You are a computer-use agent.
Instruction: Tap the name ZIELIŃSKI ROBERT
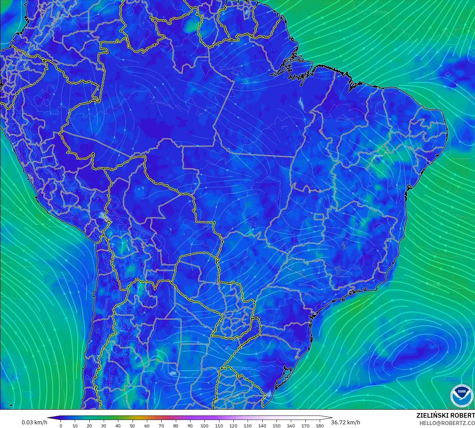pyautogui.click(x=445, y=415)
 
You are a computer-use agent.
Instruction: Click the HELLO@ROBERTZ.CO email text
pyautogui.click(x=447, y=423)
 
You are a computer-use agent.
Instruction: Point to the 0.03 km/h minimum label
pyautogui.click(x=34, y=422)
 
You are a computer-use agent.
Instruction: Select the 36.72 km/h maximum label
pyautogui.click(x=345, y=422)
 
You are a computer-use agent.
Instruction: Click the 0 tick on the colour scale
pyautogui.click(x=60, y=425)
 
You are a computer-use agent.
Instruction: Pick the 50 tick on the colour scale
pyautogui.click(x=132, y=425)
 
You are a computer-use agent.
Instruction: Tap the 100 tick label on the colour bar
pyautogui.click(x=204, y=425)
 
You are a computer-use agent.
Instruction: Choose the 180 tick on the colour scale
pyautogui.click(x=319, y=425)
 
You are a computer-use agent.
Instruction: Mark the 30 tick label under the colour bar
pyautogui.click(x=104, y=425)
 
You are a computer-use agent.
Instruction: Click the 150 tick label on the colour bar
pyautogui.click(x=276, y=425)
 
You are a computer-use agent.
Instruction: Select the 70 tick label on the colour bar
pyautogui.click(x=161, y=425)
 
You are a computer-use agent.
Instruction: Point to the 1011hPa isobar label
pyautogui.click(x=380, y=12)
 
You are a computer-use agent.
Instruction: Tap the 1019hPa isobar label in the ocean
pyautogui.click(x=365, y=360)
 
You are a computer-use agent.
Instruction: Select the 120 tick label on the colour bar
pyautogui.click(x=233, y=425)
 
